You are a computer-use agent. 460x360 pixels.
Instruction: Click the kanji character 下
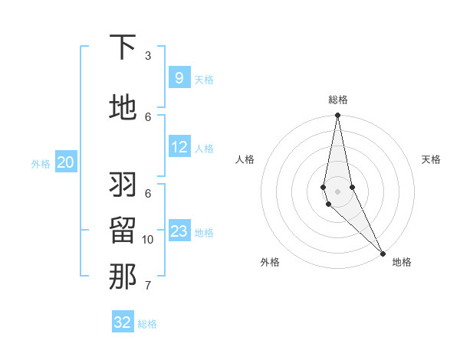pyautogui.click(x=123, y=47)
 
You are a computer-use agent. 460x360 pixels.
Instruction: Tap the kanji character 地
pyautogui.click(x=123, y=108)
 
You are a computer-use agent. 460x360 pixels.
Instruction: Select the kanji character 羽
pyautogui.click(x=123, y=184)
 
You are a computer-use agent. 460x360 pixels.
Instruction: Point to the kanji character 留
pyautogui.click(x=123, y=230)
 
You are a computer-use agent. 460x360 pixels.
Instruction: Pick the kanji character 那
pyautogui.click(x=123, y=277)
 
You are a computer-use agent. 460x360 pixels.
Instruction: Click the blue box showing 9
pyautogui.click(x=179, y=78)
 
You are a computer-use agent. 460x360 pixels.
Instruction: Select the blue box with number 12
pyautogui.click(x=179, y=147)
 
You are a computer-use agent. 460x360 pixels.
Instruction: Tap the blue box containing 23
pyautogui.click(x=179, y=231)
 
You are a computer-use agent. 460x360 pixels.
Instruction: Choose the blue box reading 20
pyautogui.click(x=66, y=162)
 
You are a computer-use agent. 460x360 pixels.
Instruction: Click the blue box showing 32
pyautogui.click(x=123, y=322)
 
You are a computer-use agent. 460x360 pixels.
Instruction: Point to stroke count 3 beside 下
pyautogui.click(x=148, y=56)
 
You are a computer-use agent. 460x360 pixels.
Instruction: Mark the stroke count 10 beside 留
pyautogui.click(x=148, y=240)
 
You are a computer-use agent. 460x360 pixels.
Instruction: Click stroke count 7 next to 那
pyautogui.click(x=148, y=286)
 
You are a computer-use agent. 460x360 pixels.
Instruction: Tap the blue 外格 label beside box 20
pyautogui.click(x=41, y=163)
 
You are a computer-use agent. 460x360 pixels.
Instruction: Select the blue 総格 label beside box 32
pyautogui.click(x=147, y=324)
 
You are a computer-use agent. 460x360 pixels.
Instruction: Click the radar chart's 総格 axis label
pyautogui.click(x=338, y=100)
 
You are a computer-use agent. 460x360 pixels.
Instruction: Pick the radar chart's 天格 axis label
pyautogui.click(x=431, y=159)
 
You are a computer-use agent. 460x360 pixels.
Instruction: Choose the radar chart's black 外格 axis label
pyautogui.click(x=270, y=262)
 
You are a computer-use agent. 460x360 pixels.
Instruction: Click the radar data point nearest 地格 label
pyautogui.click(x=383, y=252)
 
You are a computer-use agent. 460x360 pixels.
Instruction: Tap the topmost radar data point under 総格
pyautogui.click(x=337, y=116)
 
